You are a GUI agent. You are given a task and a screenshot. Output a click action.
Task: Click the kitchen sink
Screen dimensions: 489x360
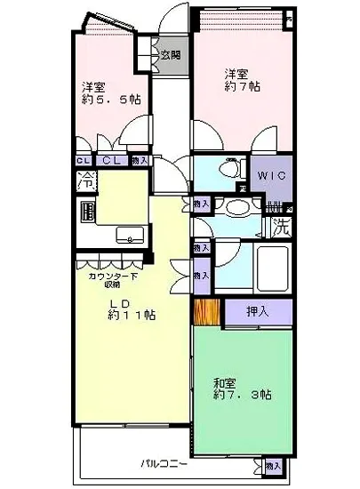[131, 236]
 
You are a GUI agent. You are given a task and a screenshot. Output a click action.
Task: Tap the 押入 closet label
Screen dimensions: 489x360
[258, 312]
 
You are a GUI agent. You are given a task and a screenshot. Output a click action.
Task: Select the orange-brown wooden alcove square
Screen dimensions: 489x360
[206, 313]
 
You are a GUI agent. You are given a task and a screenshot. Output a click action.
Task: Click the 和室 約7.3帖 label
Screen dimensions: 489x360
[242, 389]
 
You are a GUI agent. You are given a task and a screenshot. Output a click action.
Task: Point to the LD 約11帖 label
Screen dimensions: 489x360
[132, 309]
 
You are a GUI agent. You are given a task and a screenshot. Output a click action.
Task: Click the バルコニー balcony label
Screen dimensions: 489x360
[162, 463]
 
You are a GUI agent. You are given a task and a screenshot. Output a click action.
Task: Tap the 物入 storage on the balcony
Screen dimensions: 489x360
[272, 465]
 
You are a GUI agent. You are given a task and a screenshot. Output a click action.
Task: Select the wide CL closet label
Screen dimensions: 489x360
[113, 160]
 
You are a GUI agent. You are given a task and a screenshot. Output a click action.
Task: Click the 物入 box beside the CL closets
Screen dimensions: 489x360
[140, 160]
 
